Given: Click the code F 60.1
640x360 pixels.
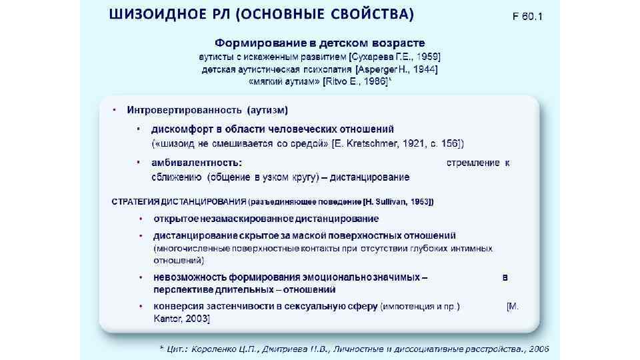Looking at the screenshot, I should click(527, 15).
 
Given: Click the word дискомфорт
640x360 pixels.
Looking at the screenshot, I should click(183, 129).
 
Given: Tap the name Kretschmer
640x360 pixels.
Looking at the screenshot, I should click(364, 143).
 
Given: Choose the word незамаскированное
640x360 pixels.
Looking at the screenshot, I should click(245, 219).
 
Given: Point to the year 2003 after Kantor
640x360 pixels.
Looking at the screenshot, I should click(197, 319).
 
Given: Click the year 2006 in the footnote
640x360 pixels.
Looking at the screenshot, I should click(537, 348).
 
